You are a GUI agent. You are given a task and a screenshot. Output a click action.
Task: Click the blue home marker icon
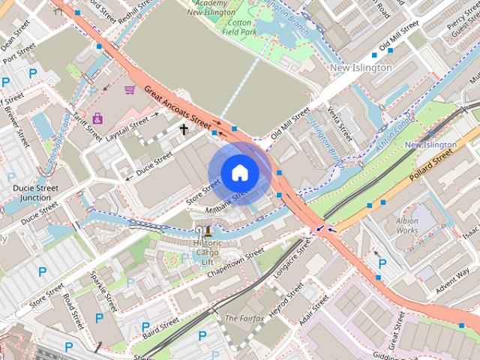239,173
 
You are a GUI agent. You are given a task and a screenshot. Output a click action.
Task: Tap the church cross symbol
184,129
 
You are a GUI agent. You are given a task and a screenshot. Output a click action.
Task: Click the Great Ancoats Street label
178,105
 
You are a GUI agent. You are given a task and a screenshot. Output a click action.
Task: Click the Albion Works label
407,226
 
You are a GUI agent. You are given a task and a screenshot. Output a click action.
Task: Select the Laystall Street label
128,127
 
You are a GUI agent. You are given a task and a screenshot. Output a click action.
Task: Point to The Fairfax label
242,319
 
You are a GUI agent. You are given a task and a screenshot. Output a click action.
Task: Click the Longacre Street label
292,259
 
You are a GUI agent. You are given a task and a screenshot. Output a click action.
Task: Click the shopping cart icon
129,90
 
